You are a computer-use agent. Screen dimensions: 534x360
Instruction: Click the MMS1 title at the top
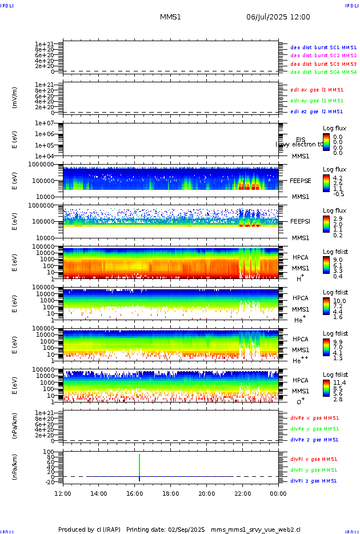[x=170, y=17]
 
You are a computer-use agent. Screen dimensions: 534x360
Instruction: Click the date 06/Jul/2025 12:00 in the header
[x=278, y=17]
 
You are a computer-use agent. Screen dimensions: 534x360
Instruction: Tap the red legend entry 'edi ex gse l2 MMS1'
[x=317, y=90]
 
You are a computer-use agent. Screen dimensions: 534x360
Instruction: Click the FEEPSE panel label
[x=301, y=180]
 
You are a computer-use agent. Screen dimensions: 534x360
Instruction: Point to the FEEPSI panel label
[x=301, y=221]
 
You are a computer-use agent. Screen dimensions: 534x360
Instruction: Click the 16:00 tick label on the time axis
[x=135, y=493]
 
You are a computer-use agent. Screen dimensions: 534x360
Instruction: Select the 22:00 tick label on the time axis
[x=243, y=493]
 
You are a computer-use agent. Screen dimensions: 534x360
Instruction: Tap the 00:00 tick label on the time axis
[x=278, y=493]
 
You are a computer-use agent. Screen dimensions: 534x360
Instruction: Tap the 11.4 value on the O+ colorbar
[x=339, y=382]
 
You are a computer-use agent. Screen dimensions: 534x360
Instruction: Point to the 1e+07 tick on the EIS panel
[x=44, y=123]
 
